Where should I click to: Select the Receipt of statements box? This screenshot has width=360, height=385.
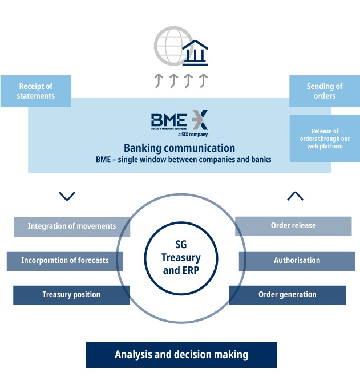pos(36,91)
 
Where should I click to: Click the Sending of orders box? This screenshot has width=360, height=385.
pos(325,91)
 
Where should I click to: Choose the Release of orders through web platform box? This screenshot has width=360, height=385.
pos(325,139)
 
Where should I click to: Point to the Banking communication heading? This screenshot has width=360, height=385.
pos(179,148)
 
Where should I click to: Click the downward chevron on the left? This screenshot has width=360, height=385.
pos(67,196)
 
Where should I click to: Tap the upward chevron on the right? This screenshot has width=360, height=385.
pos(295,196)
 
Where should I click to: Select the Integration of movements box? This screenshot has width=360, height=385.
pos(72,226)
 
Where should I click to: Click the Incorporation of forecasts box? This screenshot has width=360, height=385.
pos(64,261)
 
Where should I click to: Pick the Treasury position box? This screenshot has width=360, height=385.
pos(71,295)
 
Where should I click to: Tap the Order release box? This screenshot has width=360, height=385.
pos(293,226)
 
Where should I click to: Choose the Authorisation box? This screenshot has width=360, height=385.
pos(297,261)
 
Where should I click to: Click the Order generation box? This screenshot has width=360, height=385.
pos(288,295)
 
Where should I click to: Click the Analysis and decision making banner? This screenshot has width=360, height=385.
pos(181,355)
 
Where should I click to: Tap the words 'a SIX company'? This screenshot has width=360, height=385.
pos(192,135)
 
